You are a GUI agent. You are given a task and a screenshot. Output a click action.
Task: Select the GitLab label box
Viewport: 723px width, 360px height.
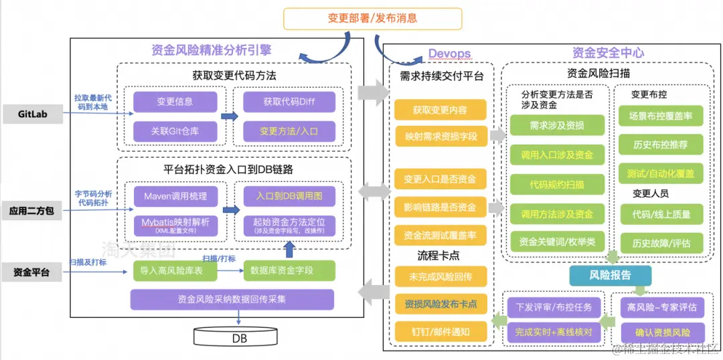click(x=33, y=114)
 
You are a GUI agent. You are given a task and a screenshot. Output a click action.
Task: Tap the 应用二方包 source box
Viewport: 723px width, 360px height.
click(x=33, y=211)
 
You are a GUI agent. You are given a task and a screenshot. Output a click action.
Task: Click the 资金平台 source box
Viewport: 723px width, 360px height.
click(x=33, y=272)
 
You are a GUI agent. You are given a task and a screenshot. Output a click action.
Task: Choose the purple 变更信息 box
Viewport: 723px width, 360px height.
click(x=175, y=102)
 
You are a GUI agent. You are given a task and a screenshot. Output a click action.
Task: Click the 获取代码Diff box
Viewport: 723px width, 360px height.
click(x=289, y=102)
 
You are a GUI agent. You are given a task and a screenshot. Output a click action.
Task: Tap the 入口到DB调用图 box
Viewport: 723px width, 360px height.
click(x=289, y=197)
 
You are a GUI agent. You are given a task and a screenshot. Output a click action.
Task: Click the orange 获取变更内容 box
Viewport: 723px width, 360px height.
click(x=439, y=109)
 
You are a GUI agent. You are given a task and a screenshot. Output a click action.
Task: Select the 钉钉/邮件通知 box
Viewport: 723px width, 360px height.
click(x=439, y=331)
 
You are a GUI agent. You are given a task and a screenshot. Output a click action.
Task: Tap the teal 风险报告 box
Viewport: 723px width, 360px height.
click(x=609, y=275)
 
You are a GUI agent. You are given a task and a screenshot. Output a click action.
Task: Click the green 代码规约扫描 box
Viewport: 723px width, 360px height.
click(x=556, y=183)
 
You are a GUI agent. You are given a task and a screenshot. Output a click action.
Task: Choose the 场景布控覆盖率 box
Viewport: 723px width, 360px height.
click(x=660, y=116)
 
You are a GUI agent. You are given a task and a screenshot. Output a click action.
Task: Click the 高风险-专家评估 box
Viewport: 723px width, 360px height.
click(x=661, y=307)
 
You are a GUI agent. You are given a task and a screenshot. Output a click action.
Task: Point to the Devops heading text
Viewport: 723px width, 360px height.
click(x=449, y=54)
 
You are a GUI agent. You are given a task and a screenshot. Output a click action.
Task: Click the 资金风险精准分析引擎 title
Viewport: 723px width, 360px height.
click(x=211, y=50)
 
